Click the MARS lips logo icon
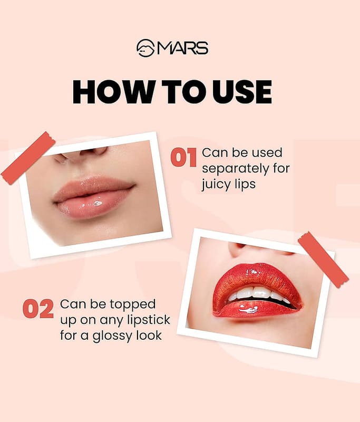click(145, 48)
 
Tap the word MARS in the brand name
click(182, 48)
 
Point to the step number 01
click(183, 157)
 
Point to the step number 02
click(38, 309)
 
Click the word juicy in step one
click(216, 185)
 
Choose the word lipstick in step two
click(149, 320)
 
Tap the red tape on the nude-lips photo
click(28, 158)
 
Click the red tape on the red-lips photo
click(323, 260)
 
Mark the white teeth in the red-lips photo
click(257, 294)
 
